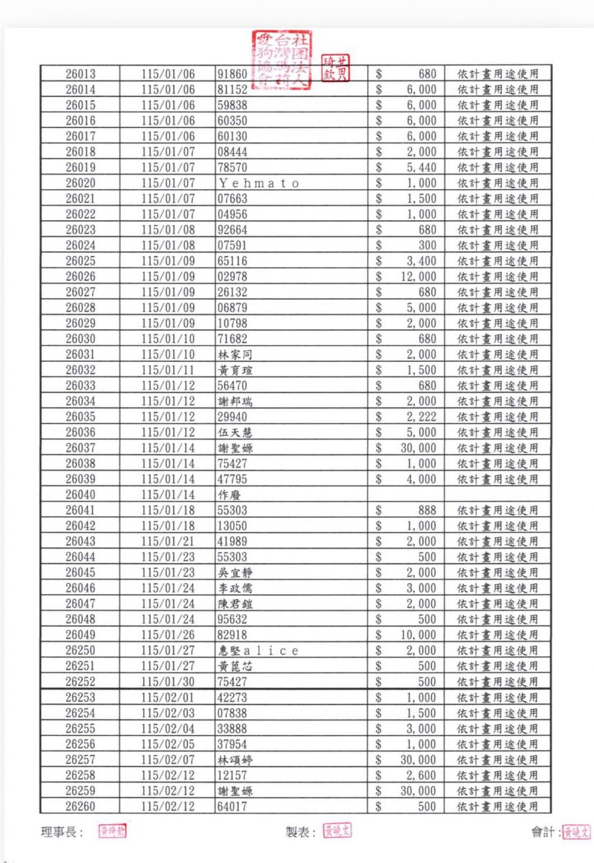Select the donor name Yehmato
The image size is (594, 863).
pos(258,183)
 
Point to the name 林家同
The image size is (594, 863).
pos(235,355)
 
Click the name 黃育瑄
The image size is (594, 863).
pos(235,370)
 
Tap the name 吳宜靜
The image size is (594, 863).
pos(235,572)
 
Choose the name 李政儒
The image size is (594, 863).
pos(235,588)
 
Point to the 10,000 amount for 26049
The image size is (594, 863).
pos(418,635)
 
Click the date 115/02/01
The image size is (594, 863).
pos(168,698)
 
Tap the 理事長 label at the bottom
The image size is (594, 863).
pos(61,832)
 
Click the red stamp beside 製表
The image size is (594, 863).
pos(337,831)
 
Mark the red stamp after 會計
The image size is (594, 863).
pos(577,832)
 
